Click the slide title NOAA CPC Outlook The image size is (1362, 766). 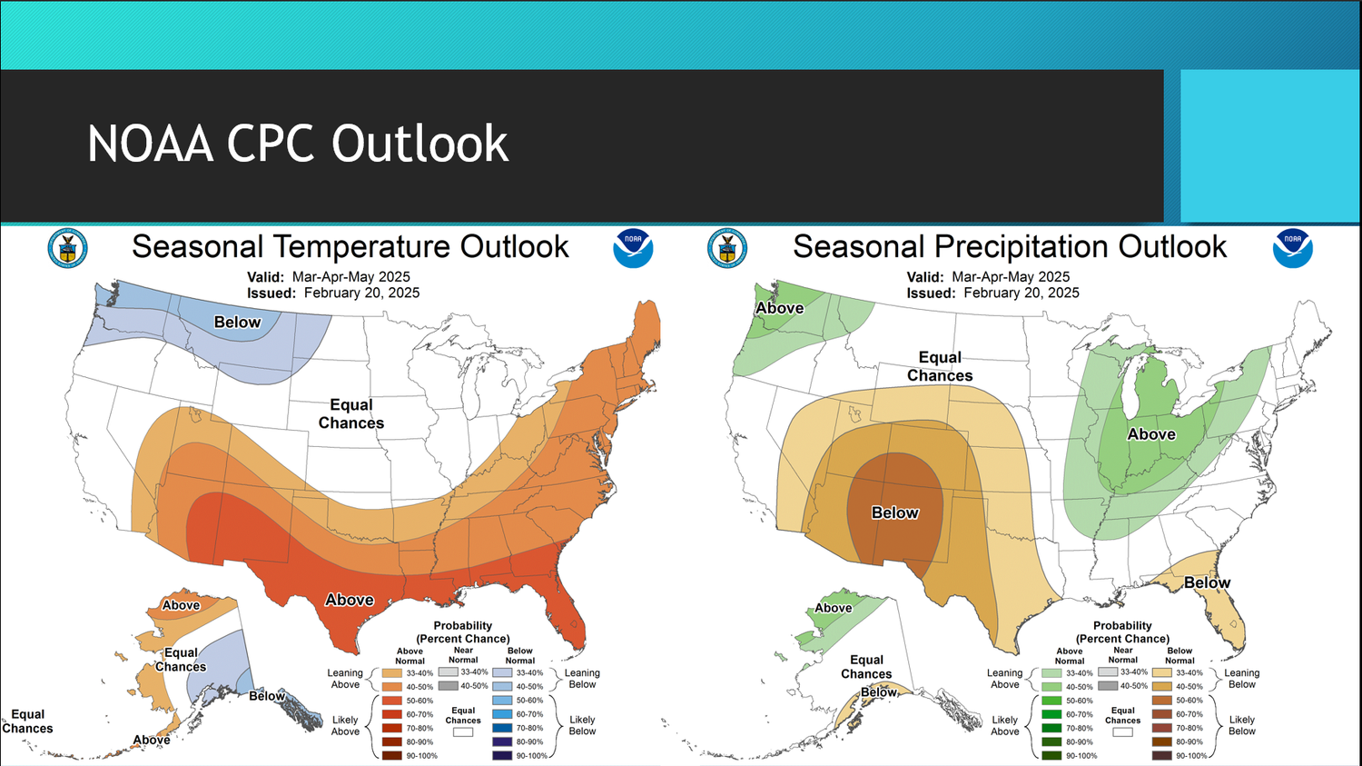298,144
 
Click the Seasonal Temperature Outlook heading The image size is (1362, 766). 350,246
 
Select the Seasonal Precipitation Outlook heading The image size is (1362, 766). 1010,246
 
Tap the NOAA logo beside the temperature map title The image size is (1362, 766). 633,248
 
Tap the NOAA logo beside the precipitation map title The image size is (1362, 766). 1292,248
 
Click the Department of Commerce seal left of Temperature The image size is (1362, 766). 67,248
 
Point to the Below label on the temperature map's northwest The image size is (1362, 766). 237,322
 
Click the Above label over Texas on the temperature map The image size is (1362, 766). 350,600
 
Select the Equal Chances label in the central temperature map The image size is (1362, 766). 351,413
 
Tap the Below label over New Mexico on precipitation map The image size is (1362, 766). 895,512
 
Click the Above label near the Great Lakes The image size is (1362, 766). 1151,434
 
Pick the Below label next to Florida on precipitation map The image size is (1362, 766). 1207,582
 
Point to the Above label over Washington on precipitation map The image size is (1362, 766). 780,308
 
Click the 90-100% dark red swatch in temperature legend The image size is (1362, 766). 392,755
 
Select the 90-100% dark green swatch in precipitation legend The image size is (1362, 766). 1051,755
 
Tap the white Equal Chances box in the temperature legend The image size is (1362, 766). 463,731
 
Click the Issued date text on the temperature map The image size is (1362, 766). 333,293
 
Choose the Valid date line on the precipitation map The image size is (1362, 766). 988,276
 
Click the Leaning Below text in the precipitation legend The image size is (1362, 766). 1241,679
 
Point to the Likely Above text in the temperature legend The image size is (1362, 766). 345,725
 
